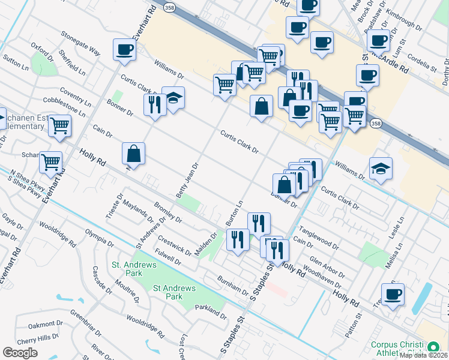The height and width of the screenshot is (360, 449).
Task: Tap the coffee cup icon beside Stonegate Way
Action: coord(124,50)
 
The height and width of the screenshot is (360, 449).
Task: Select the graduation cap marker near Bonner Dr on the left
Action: coord(173,98)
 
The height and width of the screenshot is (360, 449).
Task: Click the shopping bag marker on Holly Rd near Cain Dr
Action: coord(133,154)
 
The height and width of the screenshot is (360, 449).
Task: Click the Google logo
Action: coord(20,352)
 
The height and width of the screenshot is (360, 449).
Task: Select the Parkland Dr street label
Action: coord(211,312)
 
